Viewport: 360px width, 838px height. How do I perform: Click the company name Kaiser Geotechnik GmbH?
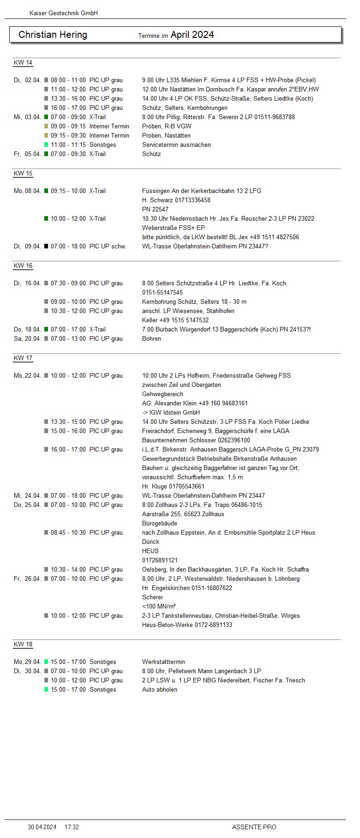[64, 13]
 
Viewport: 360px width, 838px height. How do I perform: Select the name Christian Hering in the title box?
[53, 35]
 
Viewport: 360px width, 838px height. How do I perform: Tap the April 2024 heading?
[192, 35]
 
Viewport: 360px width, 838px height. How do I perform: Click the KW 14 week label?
[23, 63]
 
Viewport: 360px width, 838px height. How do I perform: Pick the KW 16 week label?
[23, 266]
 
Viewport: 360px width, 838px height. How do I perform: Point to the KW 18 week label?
[23, 645]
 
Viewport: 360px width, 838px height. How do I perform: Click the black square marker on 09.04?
[46, 246]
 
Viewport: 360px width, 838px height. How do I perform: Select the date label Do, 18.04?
[27, 329]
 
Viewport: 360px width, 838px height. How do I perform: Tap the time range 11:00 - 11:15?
[68, 145]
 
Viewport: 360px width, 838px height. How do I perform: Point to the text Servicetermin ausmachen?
[176, 145]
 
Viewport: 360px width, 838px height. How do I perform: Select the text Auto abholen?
[160, 689]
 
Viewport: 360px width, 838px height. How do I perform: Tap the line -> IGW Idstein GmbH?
[171, 412]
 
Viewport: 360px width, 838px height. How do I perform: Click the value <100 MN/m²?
[159, 606]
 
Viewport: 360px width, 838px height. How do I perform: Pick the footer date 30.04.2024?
[42, 827]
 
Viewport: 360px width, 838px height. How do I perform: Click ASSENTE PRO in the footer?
[254, 827]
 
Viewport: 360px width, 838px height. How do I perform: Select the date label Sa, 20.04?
[27, 338]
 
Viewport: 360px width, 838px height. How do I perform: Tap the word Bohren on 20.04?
[151, 338]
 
